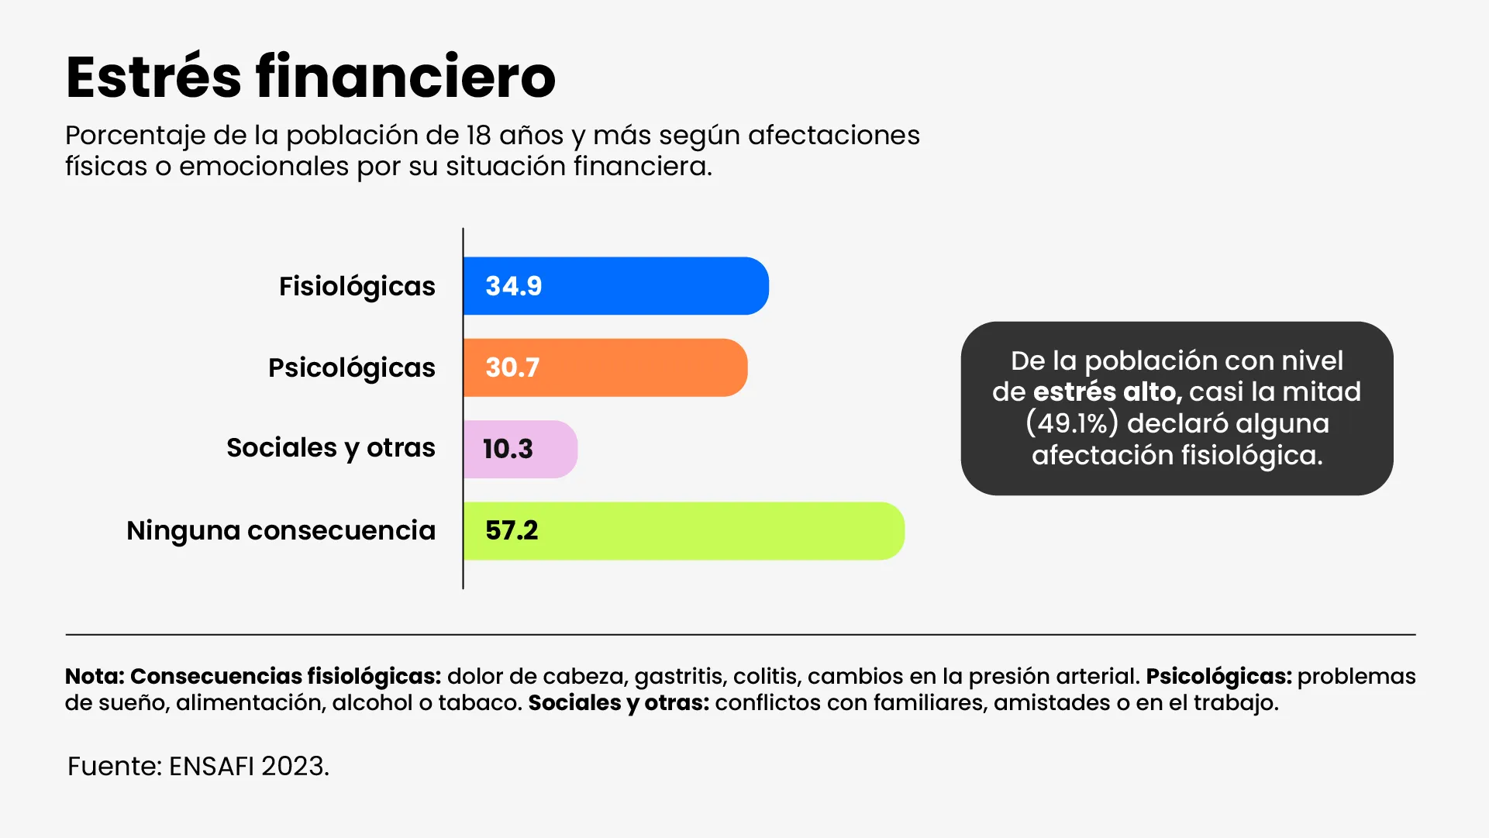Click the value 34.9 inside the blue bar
click(513, 286)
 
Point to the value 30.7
click(512, 367)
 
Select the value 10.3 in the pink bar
click(508, 449)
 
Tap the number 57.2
click(512, 531)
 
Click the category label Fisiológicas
click(357, 287)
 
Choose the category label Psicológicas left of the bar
click(351, 368)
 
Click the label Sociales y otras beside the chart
click(330, 448)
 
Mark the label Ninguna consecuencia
click(281, 531)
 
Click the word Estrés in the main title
click(153, 77)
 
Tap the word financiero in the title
click(405, 77)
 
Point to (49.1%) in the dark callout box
click(1072, 423)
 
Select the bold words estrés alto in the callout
click(1108, 392)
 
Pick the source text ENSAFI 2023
click(249, 766)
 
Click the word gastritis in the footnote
click(678, 677)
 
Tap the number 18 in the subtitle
click(478, 136)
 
